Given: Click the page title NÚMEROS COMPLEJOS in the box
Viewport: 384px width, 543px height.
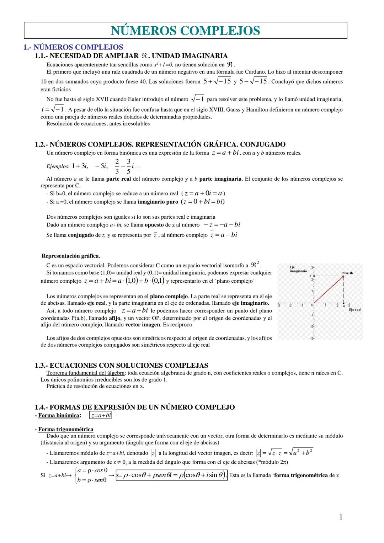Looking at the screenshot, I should [x=185, y=31].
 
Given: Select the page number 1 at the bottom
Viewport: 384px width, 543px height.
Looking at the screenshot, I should [x=341, y=517].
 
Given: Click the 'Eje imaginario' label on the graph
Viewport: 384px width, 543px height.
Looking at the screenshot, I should [x=298, y=269].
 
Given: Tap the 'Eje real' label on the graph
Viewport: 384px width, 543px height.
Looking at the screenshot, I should [x=355, y=310].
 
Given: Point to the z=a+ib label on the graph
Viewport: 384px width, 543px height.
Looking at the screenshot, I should [x=347, y=273].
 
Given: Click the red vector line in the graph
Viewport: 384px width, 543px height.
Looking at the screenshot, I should [x=329, y=290].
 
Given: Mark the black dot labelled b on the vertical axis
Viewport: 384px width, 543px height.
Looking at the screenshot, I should [x=313, y=276].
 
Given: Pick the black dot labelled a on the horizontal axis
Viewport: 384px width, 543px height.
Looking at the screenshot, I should [x=344, y=303].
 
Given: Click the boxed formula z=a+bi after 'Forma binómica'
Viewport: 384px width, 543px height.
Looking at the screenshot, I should [x=101, y=415].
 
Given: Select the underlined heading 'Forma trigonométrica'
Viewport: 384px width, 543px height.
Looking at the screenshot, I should [x=65, y=429].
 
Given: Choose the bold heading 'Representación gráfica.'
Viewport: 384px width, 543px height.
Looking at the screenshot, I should [x=71, y=256].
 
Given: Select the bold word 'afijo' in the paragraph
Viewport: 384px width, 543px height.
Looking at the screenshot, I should [x=114, y=318].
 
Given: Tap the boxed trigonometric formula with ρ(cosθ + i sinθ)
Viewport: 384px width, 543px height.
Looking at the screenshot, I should [x=172, y=475].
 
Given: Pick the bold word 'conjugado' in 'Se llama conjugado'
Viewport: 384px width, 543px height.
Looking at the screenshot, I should [x=81, y=235].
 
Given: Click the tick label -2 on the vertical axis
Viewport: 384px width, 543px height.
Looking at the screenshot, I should [x=311, y=326].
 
